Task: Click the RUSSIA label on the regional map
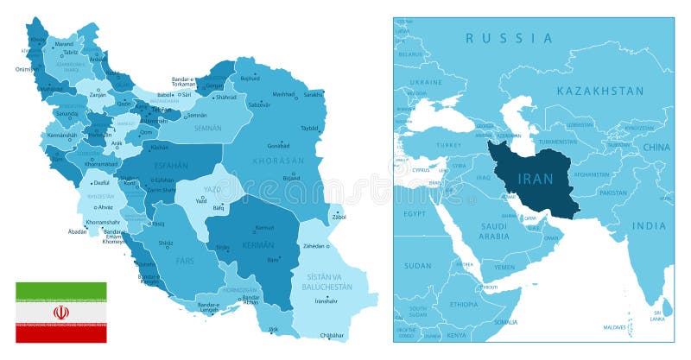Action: (x=509, y=38)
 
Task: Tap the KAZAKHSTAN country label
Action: (x=600, y=91)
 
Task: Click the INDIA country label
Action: (x=649, y=226)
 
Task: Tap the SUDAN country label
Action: (x=418, y=266)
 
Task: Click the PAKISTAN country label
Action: (x=613, y=193)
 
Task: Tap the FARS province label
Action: (x=186, y=260)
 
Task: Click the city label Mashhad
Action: (x=283, y=94)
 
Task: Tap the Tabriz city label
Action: (x=70, y=51)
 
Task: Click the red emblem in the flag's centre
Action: (x=60, y=313)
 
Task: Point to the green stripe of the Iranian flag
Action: (x=60, y=292)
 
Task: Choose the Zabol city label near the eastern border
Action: (x=339, y=217)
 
